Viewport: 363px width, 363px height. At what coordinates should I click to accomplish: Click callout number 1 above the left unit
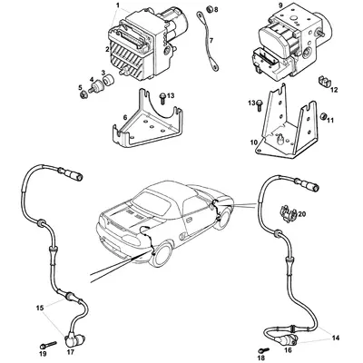(116, 5)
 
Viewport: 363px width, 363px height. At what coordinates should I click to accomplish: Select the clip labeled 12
(322, 83)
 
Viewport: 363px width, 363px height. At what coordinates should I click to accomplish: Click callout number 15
(38, 309)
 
